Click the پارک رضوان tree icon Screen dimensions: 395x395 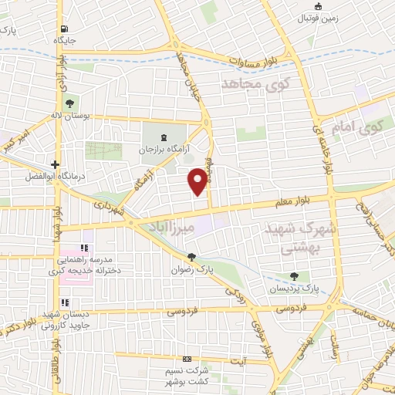(191, 258)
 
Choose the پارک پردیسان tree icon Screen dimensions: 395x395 (293, 276)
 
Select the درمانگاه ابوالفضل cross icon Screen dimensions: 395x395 (56, 164)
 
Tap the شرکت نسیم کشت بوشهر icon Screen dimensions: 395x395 (186, 360)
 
